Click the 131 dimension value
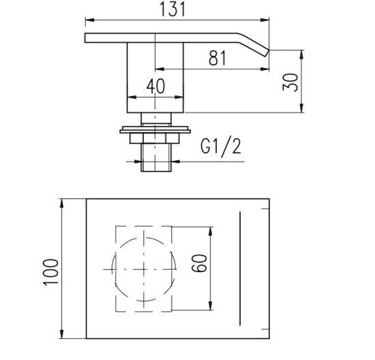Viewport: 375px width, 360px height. point(172,9)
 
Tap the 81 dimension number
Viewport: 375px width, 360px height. point(217,58)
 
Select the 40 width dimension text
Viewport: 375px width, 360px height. point(155,87)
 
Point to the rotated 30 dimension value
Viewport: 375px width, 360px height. point(290,82)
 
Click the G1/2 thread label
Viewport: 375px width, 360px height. point(220,147)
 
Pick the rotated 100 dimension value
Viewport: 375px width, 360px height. point(50,272)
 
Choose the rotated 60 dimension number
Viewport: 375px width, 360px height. point(199,263)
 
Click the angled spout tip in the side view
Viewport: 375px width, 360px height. point(267,53)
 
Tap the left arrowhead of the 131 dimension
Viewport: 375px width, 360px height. point(89,20)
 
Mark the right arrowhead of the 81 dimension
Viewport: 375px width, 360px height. point(265,69)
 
